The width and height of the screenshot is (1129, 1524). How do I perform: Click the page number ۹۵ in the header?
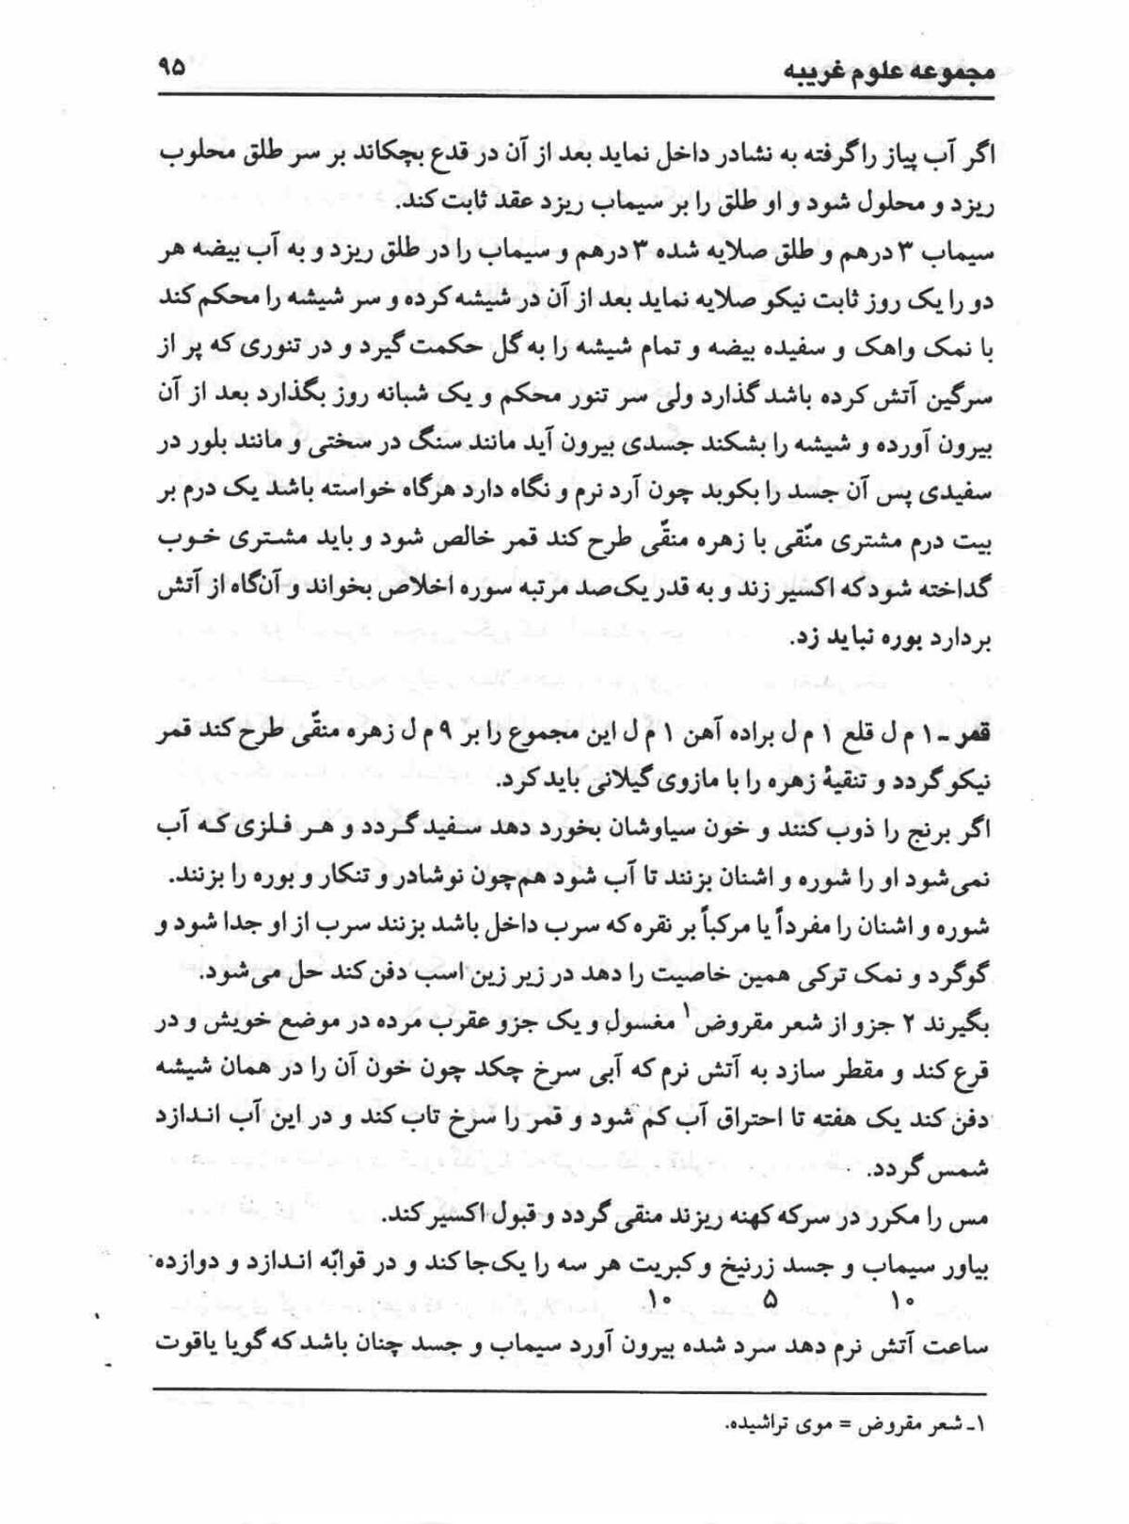click(171, 69)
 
